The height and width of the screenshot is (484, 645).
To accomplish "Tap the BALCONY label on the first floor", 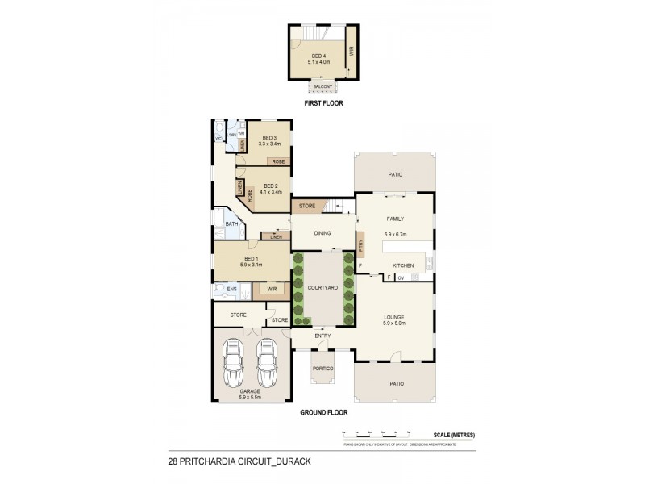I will (x=322, y=86).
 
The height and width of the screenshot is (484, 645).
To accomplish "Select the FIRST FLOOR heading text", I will (x=322, y=104).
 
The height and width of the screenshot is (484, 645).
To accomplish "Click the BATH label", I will (x=231, y=224).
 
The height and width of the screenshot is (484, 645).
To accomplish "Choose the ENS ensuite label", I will (x=231, y=288).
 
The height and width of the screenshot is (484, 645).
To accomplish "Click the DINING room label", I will (x=322, y=233).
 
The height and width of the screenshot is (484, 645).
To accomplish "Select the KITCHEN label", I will (x=403, y=265).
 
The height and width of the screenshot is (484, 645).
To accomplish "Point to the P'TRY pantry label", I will (x=361, y=244).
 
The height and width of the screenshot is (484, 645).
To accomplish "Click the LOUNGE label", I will (x=394, y=317).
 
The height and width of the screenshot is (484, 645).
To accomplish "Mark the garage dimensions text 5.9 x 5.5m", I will (x=252, y=398).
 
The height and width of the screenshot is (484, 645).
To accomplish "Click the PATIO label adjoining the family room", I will (x=395, y=174).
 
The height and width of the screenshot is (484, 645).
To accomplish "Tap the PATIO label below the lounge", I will (x=395, y=383).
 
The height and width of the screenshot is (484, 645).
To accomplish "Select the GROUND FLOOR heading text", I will (x=323, y=412).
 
